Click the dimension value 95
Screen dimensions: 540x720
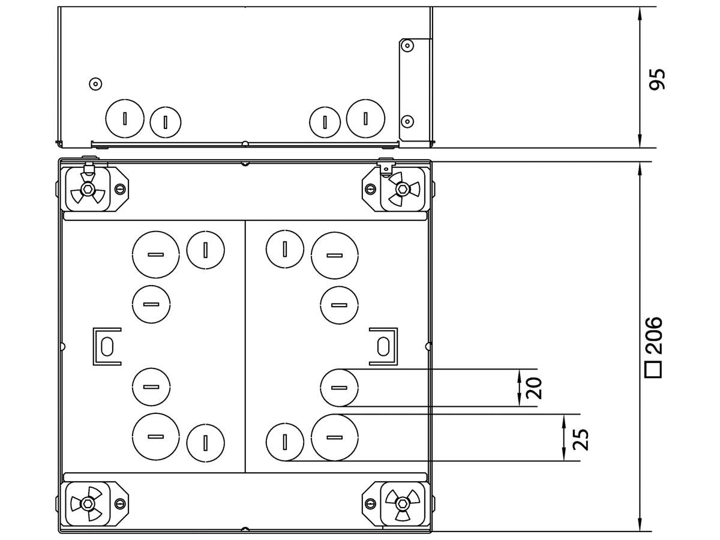(658, 79)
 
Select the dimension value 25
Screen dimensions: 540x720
(580, 439)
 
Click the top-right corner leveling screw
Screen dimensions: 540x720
(400, 190)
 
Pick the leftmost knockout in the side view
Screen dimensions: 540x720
(125, 118)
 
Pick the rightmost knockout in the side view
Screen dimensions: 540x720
(365, 118)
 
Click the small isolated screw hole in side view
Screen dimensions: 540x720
(94, 83)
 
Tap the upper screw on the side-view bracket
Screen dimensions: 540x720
(407, 46)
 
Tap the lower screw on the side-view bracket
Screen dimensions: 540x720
(407, 120)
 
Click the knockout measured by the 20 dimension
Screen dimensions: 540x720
(339, 387)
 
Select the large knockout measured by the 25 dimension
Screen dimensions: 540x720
(335, 437)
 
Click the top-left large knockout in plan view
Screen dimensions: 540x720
(155, 255)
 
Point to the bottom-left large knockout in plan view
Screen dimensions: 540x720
(155, 436)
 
